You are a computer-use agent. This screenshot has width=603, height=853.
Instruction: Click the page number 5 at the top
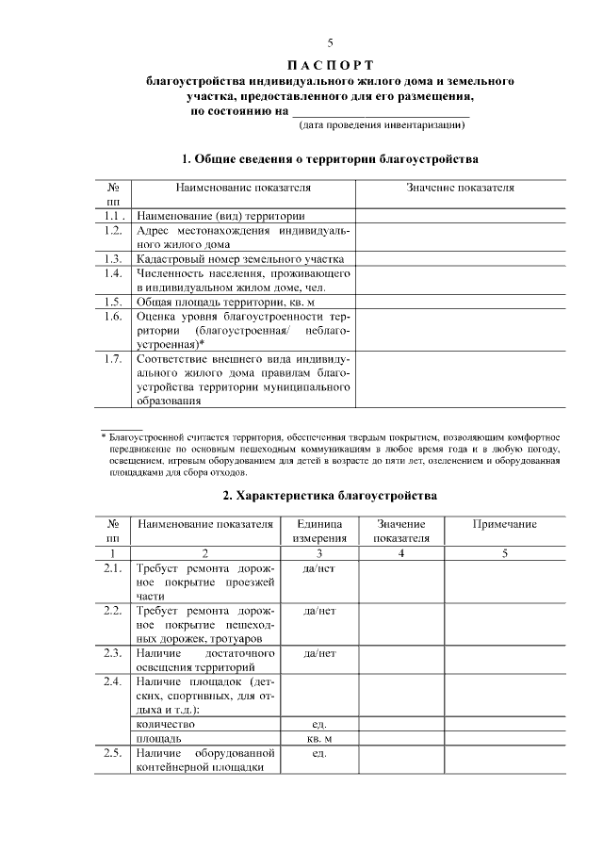[330, 42]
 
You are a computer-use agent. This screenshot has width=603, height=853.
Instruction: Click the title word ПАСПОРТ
[329, 64]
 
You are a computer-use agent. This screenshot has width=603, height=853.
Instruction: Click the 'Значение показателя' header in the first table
[460, 188]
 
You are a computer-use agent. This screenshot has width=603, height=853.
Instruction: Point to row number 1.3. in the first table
[113, 258]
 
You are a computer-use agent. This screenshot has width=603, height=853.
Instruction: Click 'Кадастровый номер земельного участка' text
[239, 258]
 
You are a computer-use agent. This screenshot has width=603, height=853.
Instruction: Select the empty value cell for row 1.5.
[460, 302]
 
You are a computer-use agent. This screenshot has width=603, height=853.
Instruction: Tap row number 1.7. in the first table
[113, 360]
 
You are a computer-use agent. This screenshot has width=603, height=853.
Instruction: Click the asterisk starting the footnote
[105, 437]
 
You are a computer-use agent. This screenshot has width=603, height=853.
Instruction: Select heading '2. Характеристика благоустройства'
[330, 495]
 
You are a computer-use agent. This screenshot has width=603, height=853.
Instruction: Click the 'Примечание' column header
[504, 524]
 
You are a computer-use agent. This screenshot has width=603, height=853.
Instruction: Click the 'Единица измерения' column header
[318, 531]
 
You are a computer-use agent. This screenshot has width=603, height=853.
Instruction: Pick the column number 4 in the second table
[401, 552]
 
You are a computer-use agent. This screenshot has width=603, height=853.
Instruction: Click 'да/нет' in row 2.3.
[318, 652]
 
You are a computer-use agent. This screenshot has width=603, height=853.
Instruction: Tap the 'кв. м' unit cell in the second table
[318, 739]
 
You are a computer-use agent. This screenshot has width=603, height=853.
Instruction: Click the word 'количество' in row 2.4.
[166, 724]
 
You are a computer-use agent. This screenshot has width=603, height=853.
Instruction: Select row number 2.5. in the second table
[113, 754]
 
